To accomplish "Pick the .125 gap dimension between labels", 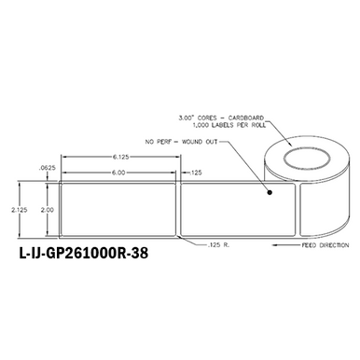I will [x=195, y=173].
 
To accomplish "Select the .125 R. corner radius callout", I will [x=215, y=246].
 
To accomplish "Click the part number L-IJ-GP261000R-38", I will [x=82, y=252].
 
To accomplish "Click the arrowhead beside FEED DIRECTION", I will [x=275, y=246].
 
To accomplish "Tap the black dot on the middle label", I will [x=270, y=195].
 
